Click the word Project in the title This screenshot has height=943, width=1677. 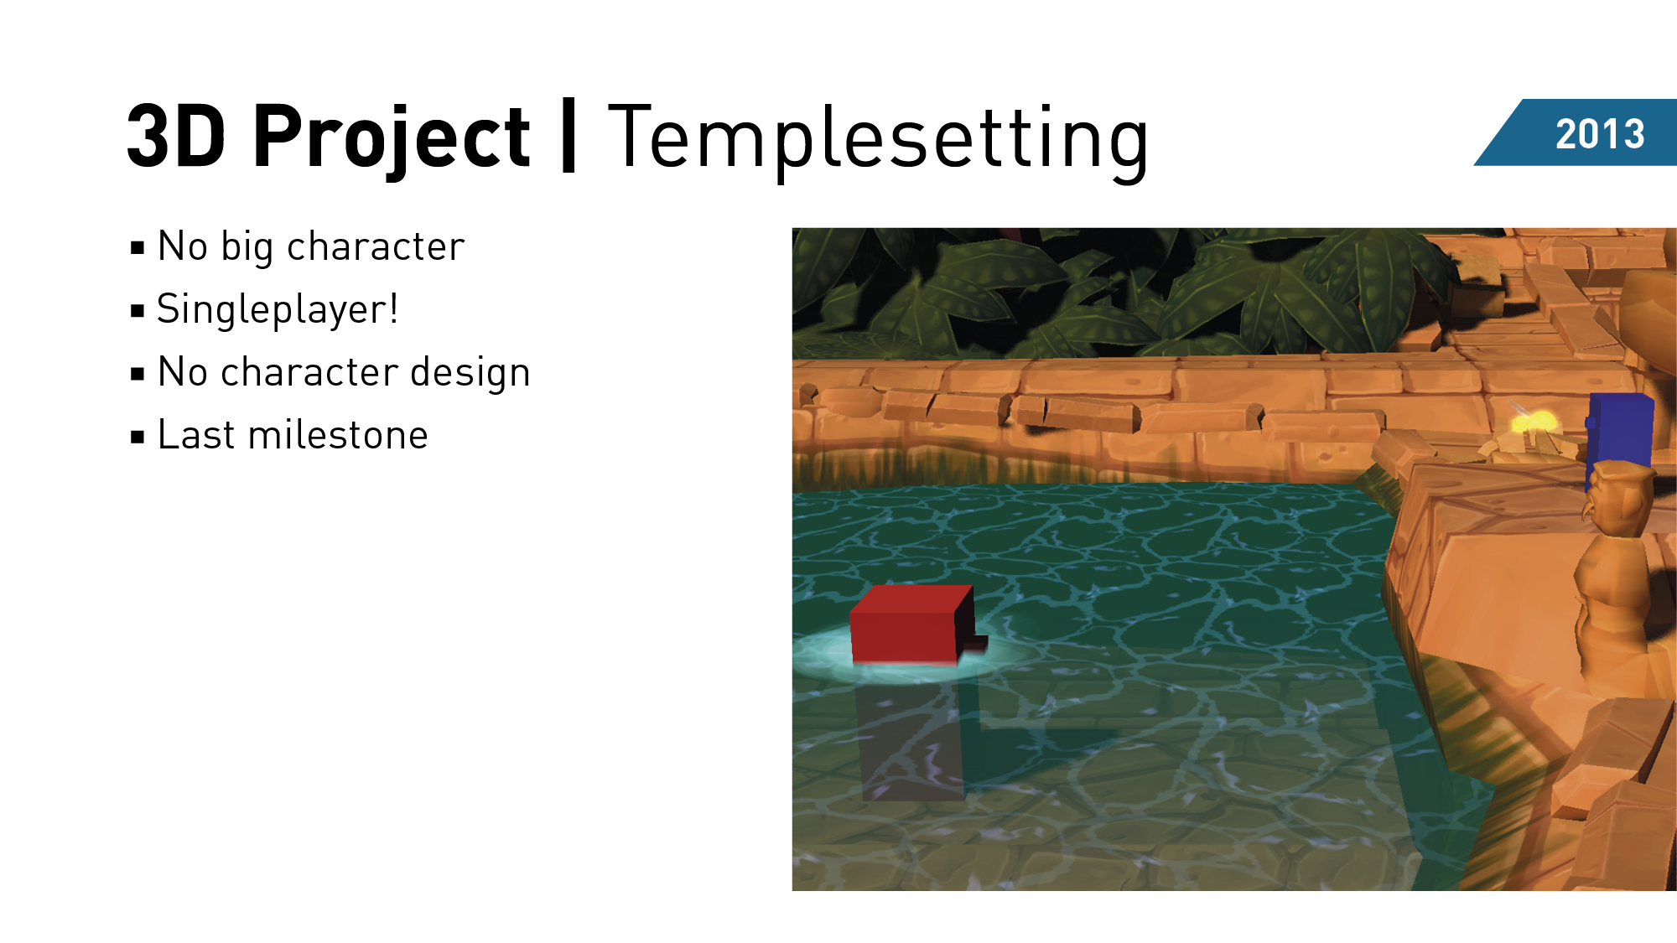pos(391,138)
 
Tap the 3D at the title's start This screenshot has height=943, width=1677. pos(177,136)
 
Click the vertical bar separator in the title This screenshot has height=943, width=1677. pos(569,136)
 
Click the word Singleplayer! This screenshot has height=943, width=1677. pos(278,310)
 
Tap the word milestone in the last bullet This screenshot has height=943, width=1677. pos(338,435)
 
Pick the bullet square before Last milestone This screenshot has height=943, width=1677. pos(138,437)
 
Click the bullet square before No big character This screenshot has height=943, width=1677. pos(138,248)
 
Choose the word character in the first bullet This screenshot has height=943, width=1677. pos(376,247)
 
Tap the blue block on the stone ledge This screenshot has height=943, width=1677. pos(1619,437)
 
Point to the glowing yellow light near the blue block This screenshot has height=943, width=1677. pos(1534,422)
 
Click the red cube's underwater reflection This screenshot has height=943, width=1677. pos(914,738)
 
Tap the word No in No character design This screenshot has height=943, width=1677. pos(183,372)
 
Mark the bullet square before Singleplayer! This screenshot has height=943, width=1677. pos(138,311)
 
